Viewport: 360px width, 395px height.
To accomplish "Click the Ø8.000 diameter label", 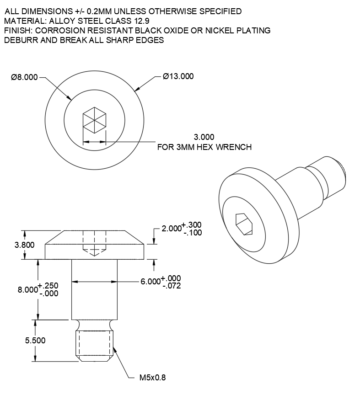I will pyautogui.click(x=24, y=77).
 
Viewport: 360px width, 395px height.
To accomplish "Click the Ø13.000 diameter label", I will pyautogui.click(x=178, y=76).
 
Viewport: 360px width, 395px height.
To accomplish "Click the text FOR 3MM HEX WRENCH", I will pyautogui.click(x=204, y=147).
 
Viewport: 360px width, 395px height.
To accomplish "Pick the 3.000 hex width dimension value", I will pyautogui.click(x=204, y=137).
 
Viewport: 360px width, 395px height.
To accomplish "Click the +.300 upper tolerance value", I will pyautogui.click(x=191, y=225).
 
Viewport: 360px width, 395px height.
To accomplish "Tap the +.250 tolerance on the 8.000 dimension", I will pyautogui.click(x=48, y=286).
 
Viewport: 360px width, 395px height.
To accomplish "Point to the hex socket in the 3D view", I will pyautogui.click(x=243, y=223).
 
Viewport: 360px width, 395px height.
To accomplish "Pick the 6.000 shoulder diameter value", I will pyautogui.click(x=150, y=282).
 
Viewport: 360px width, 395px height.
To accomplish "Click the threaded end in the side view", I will pyautogui.click(x=94, y=345).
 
